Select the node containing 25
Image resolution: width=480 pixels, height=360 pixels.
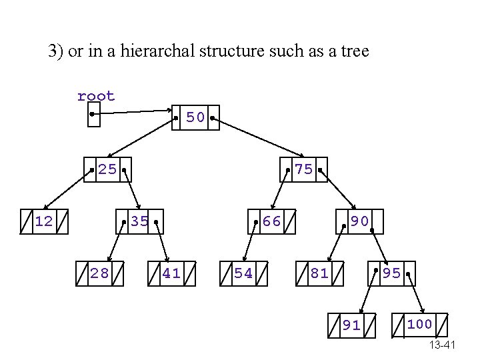click(107, 169)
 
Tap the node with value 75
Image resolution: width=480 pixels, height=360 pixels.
click(303, 169)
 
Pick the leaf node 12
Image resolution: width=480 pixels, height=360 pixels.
click(44, 221)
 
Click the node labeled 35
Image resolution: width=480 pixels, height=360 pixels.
click(139, 221)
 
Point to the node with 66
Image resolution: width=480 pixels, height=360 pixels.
click(271, 221)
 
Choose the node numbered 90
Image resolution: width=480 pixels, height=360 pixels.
click(360, 221)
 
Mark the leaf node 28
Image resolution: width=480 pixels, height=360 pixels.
click(100, 273)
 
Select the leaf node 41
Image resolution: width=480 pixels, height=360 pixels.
click(171, 273)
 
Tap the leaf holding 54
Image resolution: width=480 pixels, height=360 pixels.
click(243, 273)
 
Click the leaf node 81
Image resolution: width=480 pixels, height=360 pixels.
click(319, 273)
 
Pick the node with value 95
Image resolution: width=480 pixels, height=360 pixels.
click(392, 273)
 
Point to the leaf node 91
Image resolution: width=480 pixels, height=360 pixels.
click(351, 325)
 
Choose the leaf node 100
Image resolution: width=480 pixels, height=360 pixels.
click(420, 325)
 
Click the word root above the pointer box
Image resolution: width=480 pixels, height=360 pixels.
click(96, 96)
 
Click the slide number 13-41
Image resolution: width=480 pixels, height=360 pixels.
click(442, 345)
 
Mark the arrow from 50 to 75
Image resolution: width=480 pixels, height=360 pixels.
click(257, 144)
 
